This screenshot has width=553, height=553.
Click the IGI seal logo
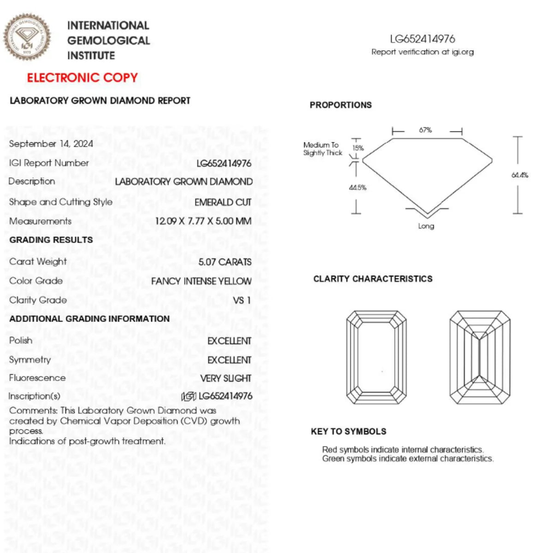tap(27, 37)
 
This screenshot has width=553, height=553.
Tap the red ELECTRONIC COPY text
tap(82, 77)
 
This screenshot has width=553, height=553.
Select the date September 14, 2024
tap(51, 144)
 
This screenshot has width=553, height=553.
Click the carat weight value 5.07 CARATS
tap(225, 262)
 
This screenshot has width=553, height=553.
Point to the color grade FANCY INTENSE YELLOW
tap(201, 281)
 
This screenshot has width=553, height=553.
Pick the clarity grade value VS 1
tap(242, 300)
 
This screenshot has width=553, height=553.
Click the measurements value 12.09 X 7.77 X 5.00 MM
tap(203, 221)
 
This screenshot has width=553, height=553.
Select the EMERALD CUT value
tap(223, 202)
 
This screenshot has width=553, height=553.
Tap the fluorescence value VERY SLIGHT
tap(226, 378)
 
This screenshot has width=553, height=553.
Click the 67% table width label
tap(425, 130)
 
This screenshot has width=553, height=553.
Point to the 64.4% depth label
tap(519, 175)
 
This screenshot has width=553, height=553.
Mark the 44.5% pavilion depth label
tap(358, 188)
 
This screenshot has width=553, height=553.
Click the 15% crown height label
tap(358, 148)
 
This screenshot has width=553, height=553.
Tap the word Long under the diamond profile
tap(426, 226)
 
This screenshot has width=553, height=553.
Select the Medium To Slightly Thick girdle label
tap(323, 149)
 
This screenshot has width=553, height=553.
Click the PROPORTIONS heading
tap(341, 105)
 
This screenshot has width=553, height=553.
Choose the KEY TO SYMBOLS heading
tap(348, 432)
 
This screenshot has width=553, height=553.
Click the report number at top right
tap(422, 39)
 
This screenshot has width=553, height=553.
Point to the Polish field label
tap(21, 341)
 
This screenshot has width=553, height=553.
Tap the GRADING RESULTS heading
tap(51, 240)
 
